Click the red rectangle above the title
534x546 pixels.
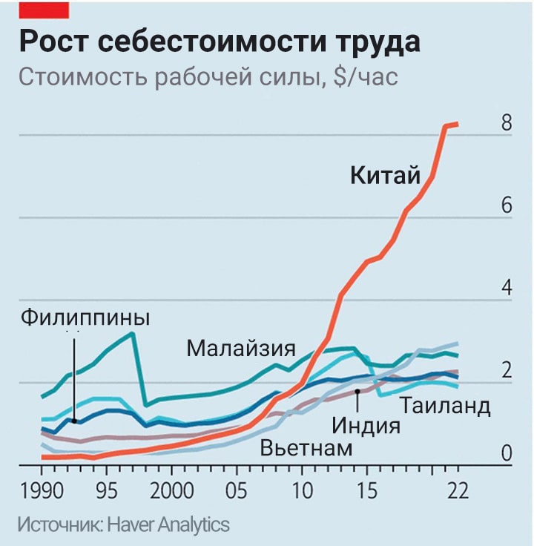click(44, 9)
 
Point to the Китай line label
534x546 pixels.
click(385, 176)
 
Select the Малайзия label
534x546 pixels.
click(241, 347)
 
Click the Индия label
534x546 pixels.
click(366, 426)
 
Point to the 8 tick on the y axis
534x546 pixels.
click(507, 123)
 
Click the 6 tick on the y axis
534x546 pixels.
click(507, 205)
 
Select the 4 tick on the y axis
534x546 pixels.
click(507, 288)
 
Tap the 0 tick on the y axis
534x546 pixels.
click(507, 453)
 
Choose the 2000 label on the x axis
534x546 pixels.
click(171, 492)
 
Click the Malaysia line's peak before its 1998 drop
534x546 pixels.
click(132, 334)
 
